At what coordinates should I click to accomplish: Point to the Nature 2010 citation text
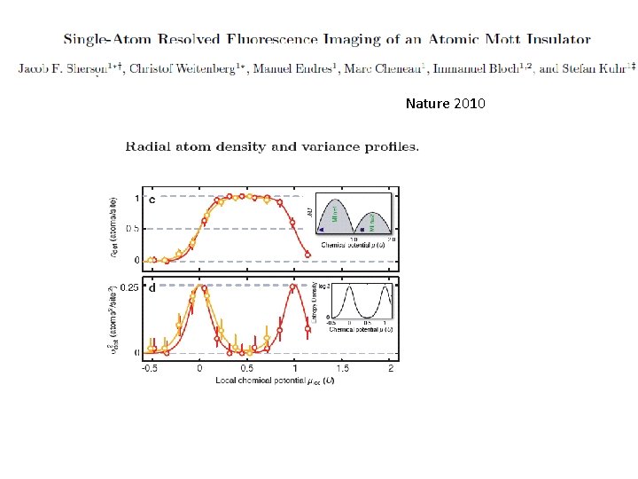pos(445,104)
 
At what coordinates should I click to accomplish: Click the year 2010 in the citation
pos(469,104)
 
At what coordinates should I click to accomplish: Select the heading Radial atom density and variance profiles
pos(272,146)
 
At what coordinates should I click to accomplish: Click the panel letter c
pos(152,200)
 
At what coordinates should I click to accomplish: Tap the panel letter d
pos(152,287)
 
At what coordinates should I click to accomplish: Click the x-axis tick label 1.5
pos(343,368)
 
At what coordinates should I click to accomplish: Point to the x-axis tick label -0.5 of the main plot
pos(152,368)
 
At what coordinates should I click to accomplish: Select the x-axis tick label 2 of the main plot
pos(391,368)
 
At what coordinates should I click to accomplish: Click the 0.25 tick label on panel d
pos(128,287)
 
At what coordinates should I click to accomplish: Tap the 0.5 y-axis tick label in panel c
pos(131,228)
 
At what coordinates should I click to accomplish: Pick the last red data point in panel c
pos(307,255)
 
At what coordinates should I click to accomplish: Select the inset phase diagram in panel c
pos(353,216)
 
